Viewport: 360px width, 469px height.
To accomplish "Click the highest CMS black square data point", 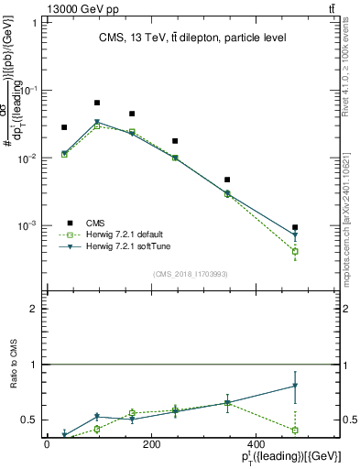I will [x=97, y=103].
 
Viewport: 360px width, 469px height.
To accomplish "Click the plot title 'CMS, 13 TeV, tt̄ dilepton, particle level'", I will [x=192, y=38].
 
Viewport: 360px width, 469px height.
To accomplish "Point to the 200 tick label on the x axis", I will [x=152, y=444].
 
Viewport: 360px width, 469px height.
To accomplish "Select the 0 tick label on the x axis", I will [x=47, y=444].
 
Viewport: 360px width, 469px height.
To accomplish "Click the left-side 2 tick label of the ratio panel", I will [x=34, y=309].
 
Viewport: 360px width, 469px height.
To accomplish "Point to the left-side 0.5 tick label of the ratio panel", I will [x=30, y=420].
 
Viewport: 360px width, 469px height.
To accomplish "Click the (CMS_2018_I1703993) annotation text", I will [x=191, y=274].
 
